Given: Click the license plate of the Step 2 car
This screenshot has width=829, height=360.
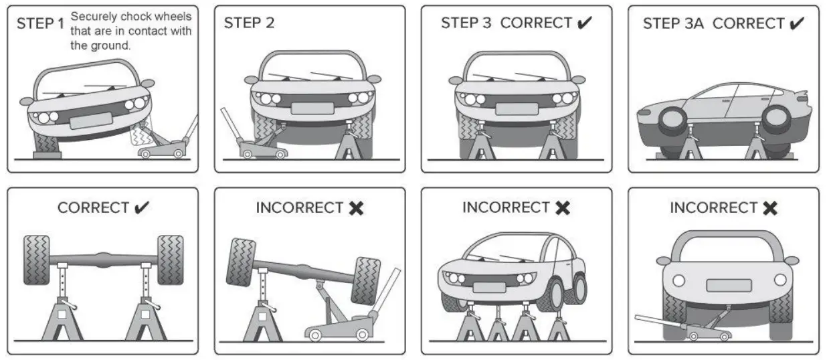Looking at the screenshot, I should click(x=312, y=108).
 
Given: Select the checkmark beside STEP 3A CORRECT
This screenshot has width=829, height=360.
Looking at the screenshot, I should click(x=796, y=23).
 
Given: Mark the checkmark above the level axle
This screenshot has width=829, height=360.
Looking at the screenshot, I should click(x=141, y=207).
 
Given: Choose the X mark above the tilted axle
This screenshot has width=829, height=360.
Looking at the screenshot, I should click(x=356, y=208).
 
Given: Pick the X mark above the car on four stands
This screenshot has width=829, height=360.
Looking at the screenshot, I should click(x=563, y=208).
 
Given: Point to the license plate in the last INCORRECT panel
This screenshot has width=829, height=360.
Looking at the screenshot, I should click(x=729, y=285).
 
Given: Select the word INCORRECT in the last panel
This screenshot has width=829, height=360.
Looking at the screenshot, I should click(x=712, y=208).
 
